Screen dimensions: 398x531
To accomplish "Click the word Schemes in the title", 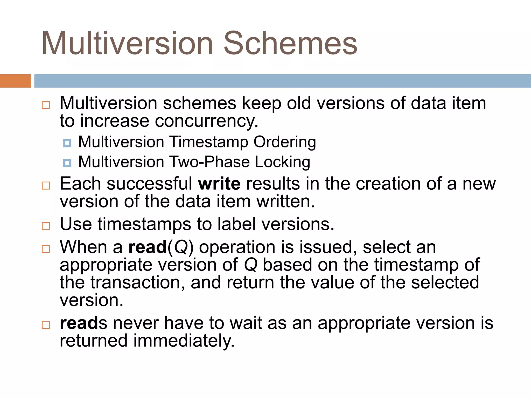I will click(290, 43).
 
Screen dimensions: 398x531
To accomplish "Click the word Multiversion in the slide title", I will click(127, 43).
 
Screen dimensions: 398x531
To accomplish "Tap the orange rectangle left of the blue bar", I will click(15, 81).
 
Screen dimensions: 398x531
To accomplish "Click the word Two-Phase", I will click(209, 162).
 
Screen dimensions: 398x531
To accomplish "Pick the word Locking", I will click(282, 162).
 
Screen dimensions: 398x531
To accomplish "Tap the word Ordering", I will click(285, 142).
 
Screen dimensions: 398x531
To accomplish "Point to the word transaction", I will click(138, 282).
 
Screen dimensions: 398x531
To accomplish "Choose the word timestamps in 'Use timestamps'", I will click(144, 224).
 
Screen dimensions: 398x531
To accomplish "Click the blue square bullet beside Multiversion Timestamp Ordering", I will click(67, 143).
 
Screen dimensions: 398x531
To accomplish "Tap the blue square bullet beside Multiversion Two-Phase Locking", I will click(67, 163).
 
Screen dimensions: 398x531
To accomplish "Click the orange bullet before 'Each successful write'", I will click(46, 186).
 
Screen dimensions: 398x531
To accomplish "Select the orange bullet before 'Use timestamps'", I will click(46, 226).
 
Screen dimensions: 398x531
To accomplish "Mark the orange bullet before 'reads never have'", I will click(46, 325).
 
